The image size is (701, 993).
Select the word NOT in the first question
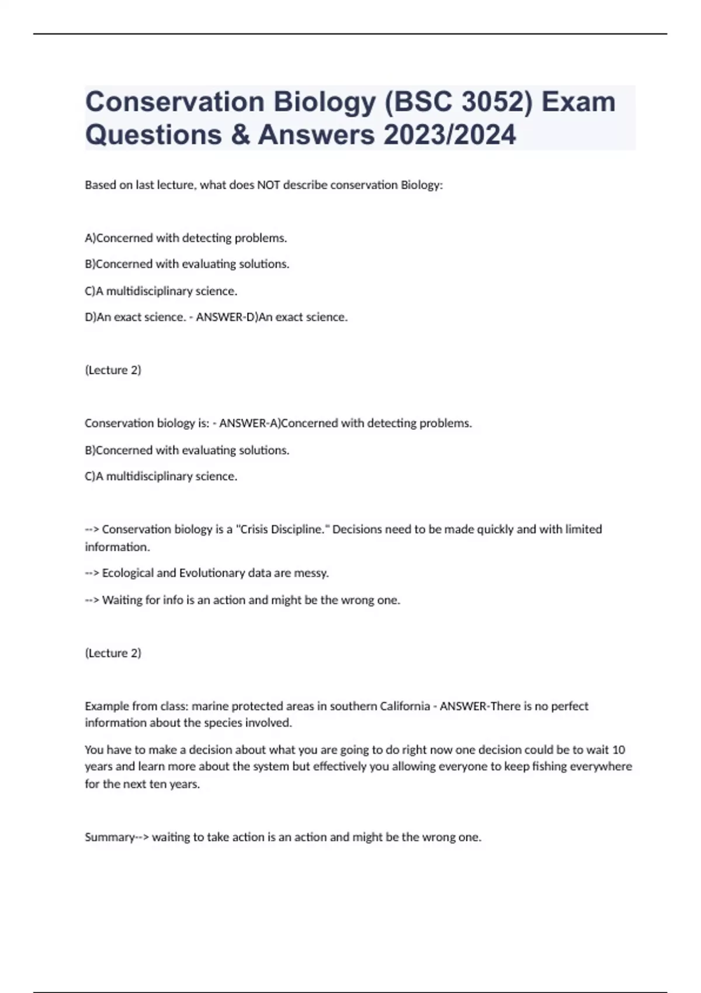pyautogui.click(x=269, y=185)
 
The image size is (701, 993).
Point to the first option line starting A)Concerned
pyautogui.click(x=186, y=238)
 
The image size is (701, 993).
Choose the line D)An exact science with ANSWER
pyautogui.click(x=216, y=317)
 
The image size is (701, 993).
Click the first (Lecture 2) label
pyautogui.click(x=113, y=370)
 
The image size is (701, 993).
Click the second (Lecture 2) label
pyautogui.click(x=113, y=653)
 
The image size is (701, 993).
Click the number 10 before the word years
pyautogui.click(x=619, y=749)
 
